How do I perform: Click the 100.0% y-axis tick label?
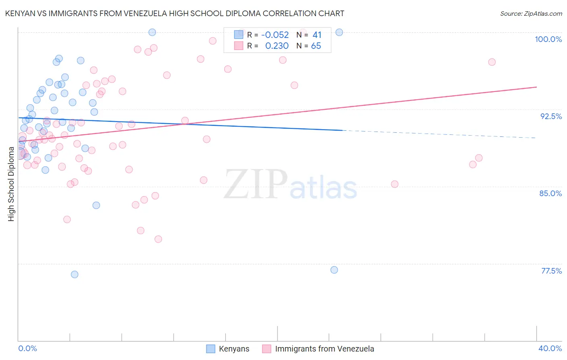click(548, 39)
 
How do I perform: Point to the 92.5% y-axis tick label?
click(551, 116)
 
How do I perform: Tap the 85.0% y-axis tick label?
click(550, 193)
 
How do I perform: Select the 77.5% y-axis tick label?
click(551, 271)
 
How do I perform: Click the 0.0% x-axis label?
click(28, 348)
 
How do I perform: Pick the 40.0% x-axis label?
click(550, 348)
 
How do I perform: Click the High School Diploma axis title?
click(11, 184)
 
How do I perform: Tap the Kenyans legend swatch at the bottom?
click(211, 349)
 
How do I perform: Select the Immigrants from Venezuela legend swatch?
click(267, 349)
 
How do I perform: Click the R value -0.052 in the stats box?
click(275, 35)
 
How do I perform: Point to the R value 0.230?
click(277, 46)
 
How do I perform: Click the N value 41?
click(317, 35)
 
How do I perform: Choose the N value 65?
click(316, 46)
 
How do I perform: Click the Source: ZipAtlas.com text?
click(531, 14)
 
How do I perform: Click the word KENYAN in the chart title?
click(20, 13)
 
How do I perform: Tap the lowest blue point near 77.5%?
click(75, 274)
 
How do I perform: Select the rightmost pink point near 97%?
click(492, 62)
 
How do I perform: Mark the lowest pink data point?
click(158, 239)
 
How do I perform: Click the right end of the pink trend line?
click(536, 87)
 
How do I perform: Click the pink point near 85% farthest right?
click(394, 184)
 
